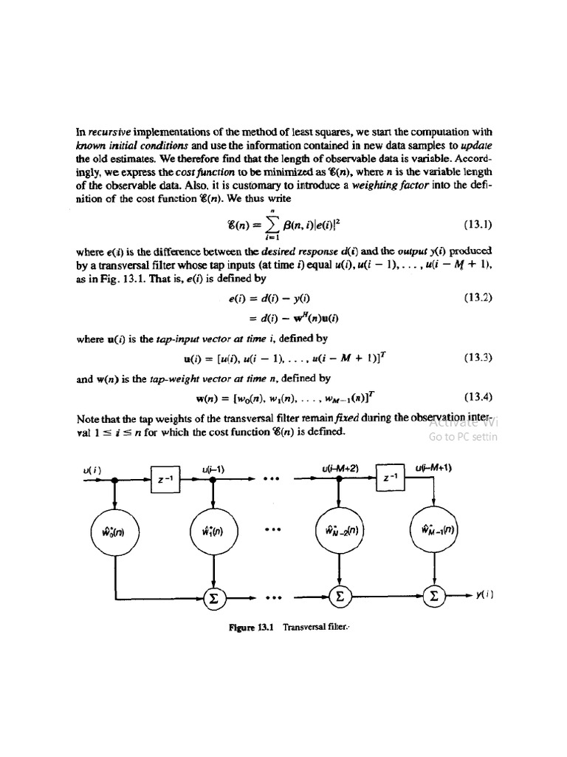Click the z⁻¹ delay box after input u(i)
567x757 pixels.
coord(165,479)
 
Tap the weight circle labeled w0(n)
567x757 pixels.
coord(115,529)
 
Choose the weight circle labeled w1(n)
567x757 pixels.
coord(213,529)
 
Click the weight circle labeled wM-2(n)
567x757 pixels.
coord(340,529)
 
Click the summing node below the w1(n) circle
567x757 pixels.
coord(213,596)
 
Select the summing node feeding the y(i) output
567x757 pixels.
coord(433,596)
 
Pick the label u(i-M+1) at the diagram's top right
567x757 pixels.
coord(433,467)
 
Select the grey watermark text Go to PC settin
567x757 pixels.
coord(464,436)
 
